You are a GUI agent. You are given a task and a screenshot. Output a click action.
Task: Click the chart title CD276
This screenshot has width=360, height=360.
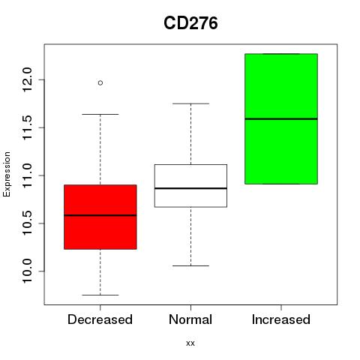coord(190,23)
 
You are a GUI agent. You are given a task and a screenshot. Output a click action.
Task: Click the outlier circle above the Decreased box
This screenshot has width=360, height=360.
coord(100,82)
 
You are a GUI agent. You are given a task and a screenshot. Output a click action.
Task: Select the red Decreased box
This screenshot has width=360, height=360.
coord(100,217)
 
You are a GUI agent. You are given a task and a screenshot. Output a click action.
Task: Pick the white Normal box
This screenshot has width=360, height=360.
coord(190,186)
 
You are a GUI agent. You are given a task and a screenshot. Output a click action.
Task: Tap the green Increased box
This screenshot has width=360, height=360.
coord(281,118)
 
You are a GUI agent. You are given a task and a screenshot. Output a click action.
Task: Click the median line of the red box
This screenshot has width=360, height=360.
coord(100,215)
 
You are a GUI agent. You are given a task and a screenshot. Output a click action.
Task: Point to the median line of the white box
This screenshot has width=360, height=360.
coord(190,188)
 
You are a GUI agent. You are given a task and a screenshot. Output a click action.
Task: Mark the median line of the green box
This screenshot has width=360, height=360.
coord(281,118)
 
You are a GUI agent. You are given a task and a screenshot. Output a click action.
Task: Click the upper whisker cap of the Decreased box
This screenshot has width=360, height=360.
coord(100,114)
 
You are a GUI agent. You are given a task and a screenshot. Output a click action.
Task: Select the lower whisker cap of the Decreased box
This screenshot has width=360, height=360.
coord(100,295)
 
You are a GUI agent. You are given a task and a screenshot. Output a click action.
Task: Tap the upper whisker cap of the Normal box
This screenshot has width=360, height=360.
coord(190,103)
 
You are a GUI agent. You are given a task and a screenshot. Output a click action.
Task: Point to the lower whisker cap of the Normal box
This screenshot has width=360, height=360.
coord(190,265)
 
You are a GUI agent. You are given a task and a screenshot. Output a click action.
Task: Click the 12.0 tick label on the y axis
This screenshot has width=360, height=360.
coord(27,79)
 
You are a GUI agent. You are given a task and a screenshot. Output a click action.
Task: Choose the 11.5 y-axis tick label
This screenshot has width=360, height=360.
coord(27,127)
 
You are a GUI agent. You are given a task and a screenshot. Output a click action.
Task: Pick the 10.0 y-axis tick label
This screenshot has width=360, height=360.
coord(27,271)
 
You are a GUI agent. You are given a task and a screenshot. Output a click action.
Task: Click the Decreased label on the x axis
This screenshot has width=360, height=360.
coord(100,319)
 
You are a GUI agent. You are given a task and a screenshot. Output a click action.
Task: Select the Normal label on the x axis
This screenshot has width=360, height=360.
coord(190,319)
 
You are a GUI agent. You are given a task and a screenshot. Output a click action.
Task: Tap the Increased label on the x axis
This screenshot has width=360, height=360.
coord(281,319)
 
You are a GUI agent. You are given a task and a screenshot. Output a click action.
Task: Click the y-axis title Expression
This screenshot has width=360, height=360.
coord(7,174)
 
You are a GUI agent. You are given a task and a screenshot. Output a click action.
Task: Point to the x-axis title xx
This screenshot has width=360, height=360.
coord(190,343)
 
